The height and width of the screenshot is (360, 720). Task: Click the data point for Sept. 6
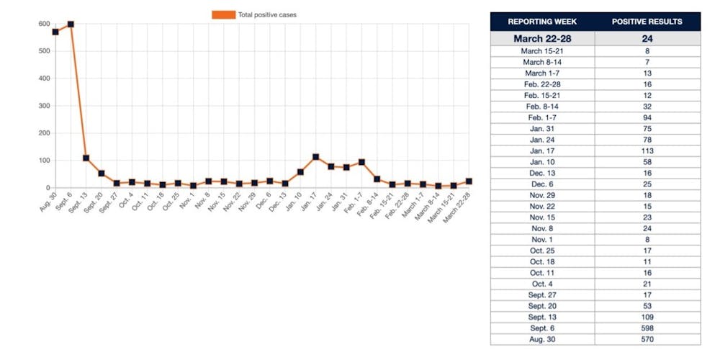[x=71, y=24]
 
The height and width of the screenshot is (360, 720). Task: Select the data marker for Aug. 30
[x=55, y=32]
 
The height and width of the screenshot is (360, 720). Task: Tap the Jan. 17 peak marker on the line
[x=315, y=157]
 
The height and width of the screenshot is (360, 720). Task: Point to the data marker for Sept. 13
[x=86, y=158]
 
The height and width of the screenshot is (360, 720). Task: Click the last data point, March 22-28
[x=469, y=181]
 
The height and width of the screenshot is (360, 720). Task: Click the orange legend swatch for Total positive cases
[x=223, y=14]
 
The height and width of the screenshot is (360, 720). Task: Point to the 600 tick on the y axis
[x=45, y=24]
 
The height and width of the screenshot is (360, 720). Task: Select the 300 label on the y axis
[x=45, y=106]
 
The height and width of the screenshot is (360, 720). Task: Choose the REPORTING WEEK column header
[x=542, y=22]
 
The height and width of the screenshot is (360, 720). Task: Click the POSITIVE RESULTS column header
[x=647, y=22]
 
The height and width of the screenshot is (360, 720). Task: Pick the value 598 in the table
[x=647, y=328]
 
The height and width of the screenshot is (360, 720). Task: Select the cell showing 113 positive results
[x=647, y=151]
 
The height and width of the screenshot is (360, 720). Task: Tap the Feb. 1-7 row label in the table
[x=542, y=117]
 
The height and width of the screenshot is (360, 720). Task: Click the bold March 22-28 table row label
[x=542, y=39]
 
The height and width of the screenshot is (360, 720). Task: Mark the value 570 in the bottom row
[x=647, y=339]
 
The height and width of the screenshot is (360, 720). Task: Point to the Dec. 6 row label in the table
[x=542, y=184]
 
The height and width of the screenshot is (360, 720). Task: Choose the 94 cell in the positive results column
[x=647, y=117]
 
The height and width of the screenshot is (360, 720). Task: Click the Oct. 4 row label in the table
[x=542, y=284]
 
